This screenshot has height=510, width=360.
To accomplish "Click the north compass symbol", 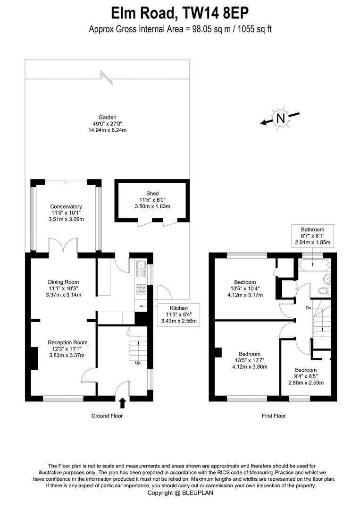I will tap(281, 118).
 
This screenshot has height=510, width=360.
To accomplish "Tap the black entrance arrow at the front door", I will tap(123, 403).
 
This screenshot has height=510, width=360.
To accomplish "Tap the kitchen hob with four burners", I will tap(141, 289).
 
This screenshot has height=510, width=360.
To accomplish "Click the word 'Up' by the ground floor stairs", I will tap(138, 363).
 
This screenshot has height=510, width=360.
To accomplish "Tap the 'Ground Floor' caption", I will tap(107, 416).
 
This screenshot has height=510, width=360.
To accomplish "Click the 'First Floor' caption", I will tap(274, 416).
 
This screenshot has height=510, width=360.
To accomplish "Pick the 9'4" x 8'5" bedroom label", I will tap(306, 376).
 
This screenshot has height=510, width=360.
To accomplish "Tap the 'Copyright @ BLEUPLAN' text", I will tap(180, 493).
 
